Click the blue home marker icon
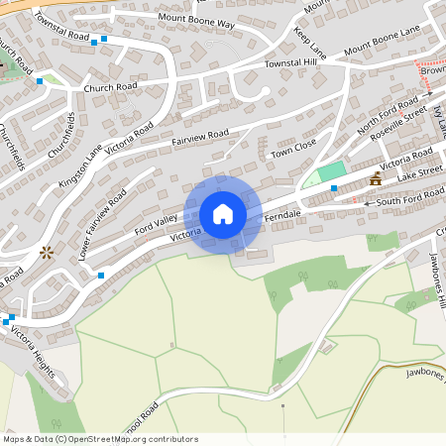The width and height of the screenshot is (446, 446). pyautogui.click(x=223, y=214)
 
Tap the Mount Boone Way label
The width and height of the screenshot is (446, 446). pyautogui.click(x=195, y=22)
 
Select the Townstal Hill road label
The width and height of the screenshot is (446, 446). pyautogui.click(x=289, y=63)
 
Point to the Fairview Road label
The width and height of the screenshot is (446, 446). pyautogui.click(x=200, y=137)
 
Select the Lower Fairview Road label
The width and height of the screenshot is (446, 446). pyautogui.click(x=102, y=227)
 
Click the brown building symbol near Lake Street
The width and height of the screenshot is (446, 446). pyautogui.click(x=376, y=179)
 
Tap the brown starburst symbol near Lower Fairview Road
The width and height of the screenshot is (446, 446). pyautogui.click(x=46, y=253)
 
